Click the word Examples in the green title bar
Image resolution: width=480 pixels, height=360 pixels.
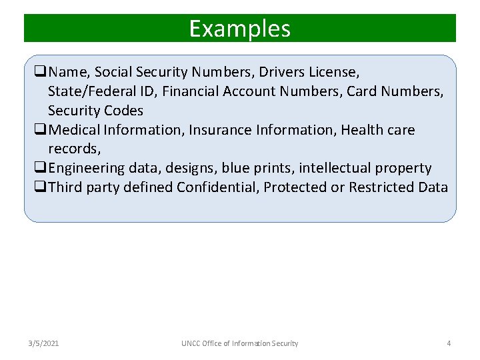coord(239,29)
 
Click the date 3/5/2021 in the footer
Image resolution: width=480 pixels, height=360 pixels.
coord(43,343)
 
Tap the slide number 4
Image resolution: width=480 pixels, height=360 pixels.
coord(449,343)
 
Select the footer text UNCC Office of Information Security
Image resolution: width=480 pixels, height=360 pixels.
coord(240,343)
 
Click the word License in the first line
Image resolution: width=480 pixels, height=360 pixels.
coord(336,71)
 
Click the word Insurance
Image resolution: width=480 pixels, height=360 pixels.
coord(218,129)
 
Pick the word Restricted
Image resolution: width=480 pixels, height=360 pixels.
coord(381,187)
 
